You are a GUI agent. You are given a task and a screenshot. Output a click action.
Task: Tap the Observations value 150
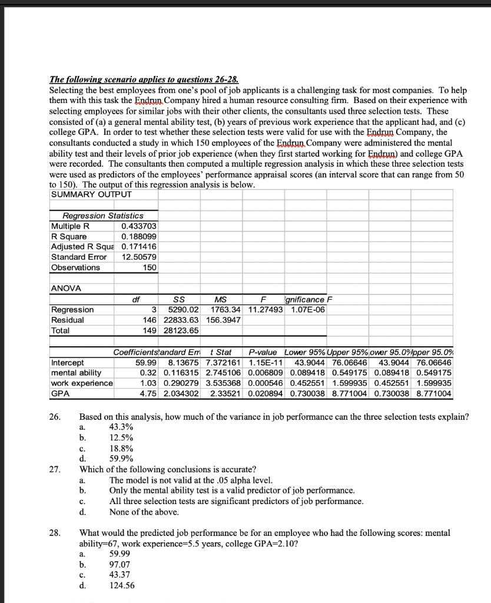tap(150, 267)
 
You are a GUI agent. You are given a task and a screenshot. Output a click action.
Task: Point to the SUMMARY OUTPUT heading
tap(91, 194)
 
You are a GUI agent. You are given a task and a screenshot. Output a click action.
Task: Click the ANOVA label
tap(66, 288)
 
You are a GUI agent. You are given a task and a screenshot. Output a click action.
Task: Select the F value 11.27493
tap(265, 309)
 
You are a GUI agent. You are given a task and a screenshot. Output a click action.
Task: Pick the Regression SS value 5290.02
tap(184, 309)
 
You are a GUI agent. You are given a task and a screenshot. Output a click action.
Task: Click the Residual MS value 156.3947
tap(226, 320)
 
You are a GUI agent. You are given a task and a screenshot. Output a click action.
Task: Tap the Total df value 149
tap(150, 330)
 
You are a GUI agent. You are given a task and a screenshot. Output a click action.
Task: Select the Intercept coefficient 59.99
tap(147, 362)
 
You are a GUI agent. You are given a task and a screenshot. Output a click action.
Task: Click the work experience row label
tap(82, 383)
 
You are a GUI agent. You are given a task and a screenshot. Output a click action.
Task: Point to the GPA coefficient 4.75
tap(150, 393)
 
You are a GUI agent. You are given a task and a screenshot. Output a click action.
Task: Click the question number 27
tap(54, 469)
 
